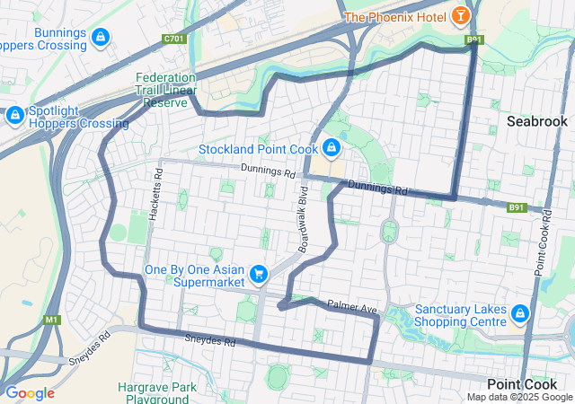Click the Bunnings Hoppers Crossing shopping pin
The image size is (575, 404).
(101, 37)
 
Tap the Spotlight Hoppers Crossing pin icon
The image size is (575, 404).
(15, 115)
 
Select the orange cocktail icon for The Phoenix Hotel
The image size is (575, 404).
(461, 15)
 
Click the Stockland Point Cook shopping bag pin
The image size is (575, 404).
(332, 146)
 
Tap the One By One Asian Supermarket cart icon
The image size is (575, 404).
(259, 273)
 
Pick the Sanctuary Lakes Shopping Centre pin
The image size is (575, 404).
(519, 313)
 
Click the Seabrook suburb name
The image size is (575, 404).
(536, 120)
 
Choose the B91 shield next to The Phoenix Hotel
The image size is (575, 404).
(473, 40)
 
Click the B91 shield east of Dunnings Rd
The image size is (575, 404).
(516, 207)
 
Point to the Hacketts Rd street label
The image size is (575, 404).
(158, 190)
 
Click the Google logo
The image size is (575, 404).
(30, 393)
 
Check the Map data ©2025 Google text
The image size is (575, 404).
(519, 397)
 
